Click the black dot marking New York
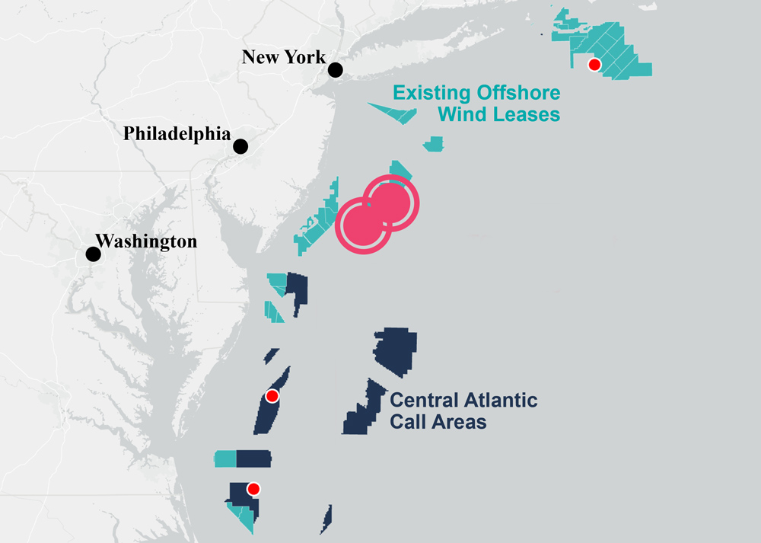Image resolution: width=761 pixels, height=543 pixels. pyautogui.click(x=336, y=70)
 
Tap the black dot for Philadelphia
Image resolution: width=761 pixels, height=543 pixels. pyautogui.click(x=241, y=146)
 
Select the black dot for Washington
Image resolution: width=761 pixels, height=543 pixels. pyautogui.click(x=93, y=254)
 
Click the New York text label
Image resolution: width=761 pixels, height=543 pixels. pyautogui.click(x=284, y=57)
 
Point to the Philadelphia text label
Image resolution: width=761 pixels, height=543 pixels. pyautogui.click(x=177, y=134)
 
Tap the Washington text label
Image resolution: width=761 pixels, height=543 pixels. pyautogui.click(x=147, y=241)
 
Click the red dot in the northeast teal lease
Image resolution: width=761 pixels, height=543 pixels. pyautogui.click(x=595, y=65)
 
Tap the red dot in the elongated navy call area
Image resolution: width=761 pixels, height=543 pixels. pyautogui.click(x=272, y=396)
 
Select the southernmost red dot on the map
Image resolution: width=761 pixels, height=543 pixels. pyautogui.click(x=254, y=489)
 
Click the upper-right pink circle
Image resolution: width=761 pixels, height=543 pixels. pyautogui.click(x=391, y=203)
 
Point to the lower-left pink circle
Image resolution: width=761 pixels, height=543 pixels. pyautogui.click(x=363, y=226)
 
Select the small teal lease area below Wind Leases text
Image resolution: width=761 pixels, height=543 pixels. pyautogui.click(x=434, y=144)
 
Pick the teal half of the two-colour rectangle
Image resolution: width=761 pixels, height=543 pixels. pyautogui.click(x=226, y=458)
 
